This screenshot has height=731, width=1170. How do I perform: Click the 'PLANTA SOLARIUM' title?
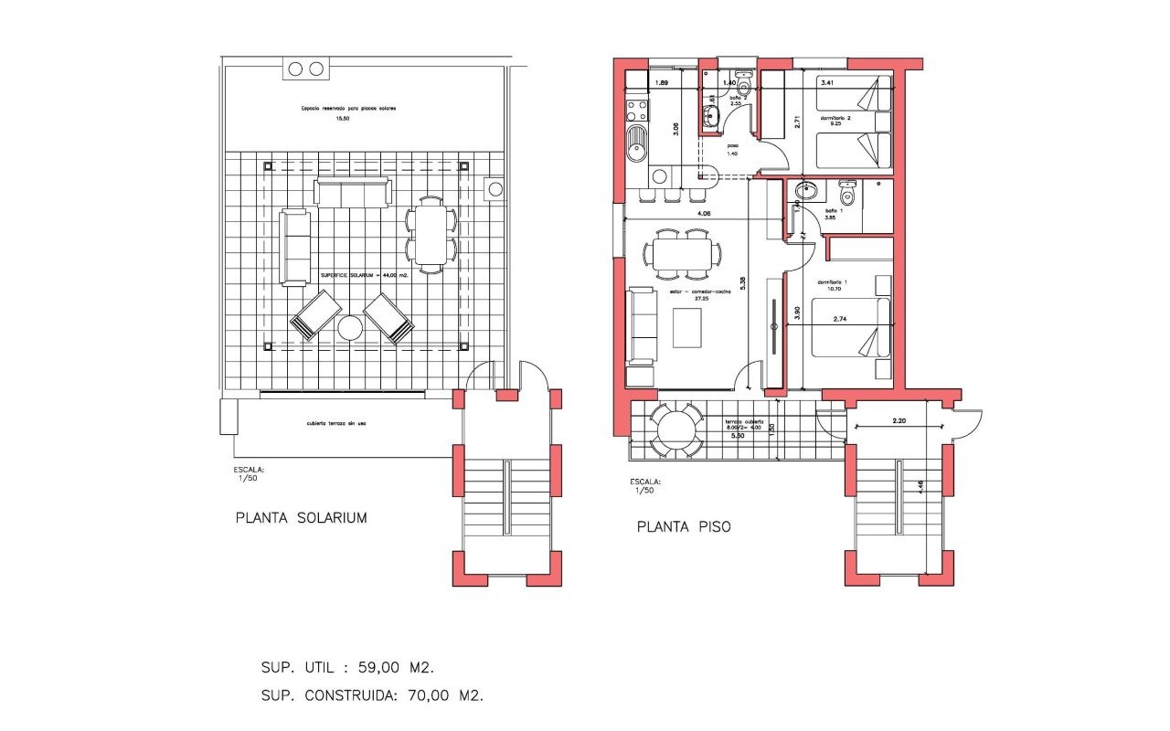[301, 518]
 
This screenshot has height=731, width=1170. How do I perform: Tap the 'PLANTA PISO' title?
[683, 527]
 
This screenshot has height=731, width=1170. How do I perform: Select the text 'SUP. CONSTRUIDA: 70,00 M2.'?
[372, 695]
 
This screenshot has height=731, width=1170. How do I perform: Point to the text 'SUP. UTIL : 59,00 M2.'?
[355, 668]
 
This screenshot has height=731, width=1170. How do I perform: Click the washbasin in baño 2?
[711, 116]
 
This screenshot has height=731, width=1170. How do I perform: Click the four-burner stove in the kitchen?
[636, 111]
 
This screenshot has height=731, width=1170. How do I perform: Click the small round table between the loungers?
[351, 328]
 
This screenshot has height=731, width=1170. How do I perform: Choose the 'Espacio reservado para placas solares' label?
[355, 108]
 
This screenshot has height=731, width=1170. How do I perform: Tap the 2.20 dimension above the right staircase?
[900, 421]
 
